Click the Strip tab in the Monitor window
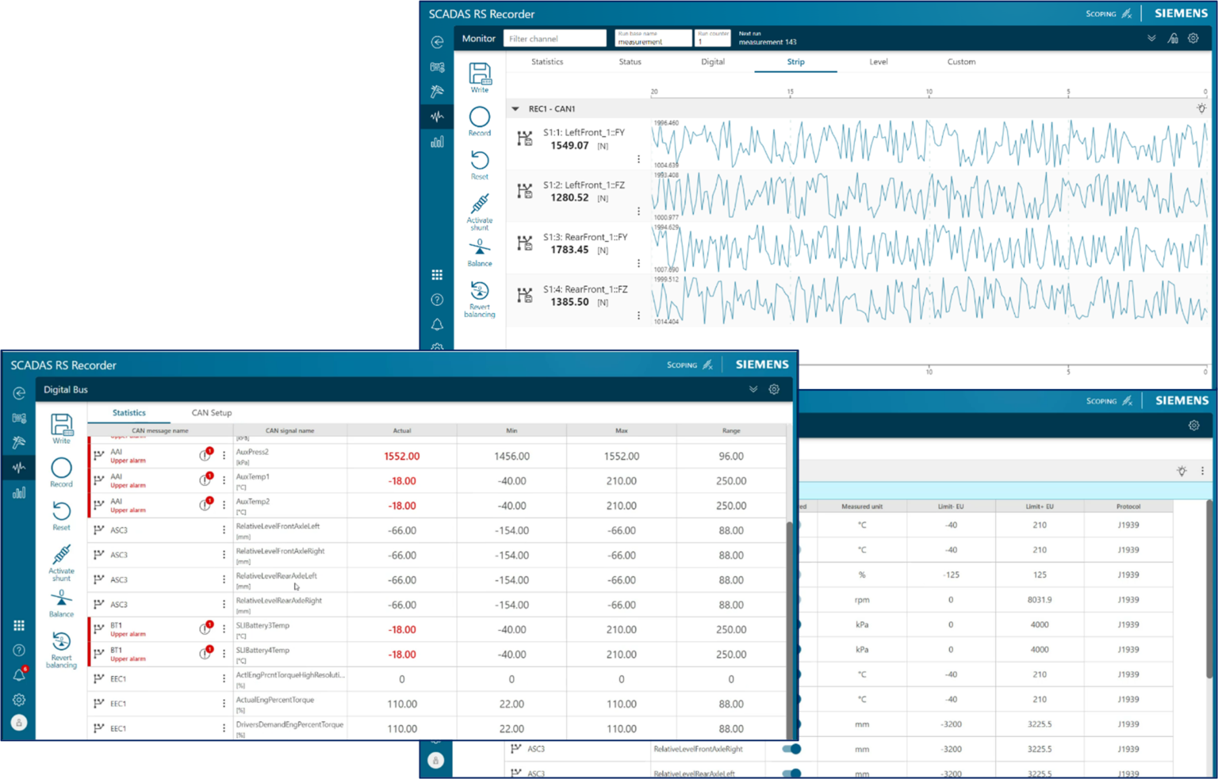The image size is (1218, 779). (795, 62)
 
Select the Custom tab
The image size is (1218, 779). (961, 62)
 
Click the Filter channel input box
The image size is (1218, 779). (554, 39)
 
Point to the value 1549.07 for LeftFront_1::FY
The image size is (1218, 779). (569, 146)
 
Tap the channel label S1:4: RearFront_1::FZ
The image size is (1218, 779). (584, 289)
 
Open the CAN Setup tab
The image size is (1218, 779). (212, 413)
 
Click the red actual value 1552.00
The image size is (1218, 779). (402, 456)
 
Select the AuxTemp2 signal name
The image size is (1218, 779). (253, 502)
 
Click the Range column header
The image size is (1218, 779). (731, 431)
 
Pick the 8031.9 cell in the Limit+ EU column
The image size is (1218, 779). (1040, 600)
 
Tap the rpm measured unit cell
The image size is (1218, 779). (862, 600)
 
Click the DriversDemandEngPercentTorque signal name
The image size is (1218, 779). (289, 724)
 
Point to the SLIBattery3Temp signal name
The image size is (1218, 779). (262, 625)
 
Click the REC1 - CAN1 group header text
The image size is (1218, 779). (552, 109)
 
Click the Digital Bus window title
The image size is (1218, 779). (66, 390)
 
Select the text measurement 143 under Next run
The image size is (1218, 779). (768, 42)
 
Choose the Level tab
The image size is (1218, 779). (879, 62)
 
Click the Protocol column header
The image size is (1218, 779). (1128, 506)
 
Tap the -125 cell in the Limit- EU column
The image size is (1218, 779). (951, 575)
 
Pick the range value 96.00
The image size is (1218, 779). (731, 456)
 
